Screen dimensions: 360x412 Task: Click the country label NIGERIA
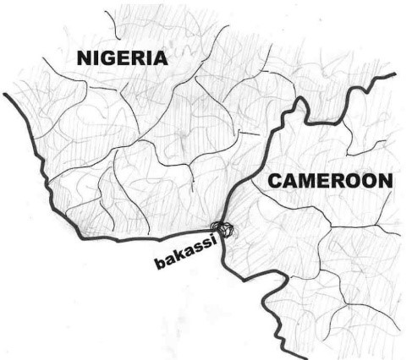[122, 58]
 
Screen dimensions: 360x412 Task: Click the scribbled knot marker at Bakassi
[222, 228]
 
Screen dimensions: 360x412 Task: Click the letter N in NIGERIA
[83, 58]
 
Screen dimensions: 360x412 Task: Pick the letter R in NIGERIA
[143, 58]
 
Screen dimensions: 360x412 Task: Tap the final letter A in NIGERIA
[160, 58]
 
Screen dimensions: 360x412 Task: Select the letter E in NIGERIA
[127, 58]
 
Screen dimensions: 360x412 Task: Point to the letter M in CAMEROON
[308, 181]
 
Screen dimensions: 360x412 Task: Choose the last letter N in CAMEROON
[386, 180]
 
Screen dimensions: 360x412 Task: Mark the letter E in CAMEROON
[326, 181]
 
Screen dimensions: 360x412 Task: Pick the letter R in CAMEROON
[341, 181]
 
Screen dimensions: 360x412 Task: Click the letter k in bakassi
[179, 255]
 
